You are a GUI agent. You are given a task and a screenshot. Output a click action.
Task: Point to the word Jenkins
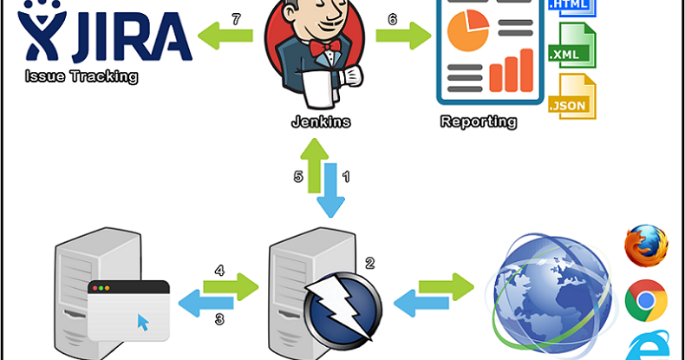pos(322,121)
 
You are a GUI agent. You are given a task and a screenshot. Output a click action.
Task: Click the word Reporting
pos(479,121)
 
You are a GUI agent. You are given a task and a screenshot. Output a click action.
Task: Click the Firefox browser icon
pos(646,245)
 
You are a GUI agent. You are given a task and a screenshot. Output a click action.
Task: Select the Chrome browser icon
pos(646,300)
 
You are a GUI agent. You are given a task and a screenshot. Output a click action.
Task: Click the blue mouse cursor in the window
pos(143,324)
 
